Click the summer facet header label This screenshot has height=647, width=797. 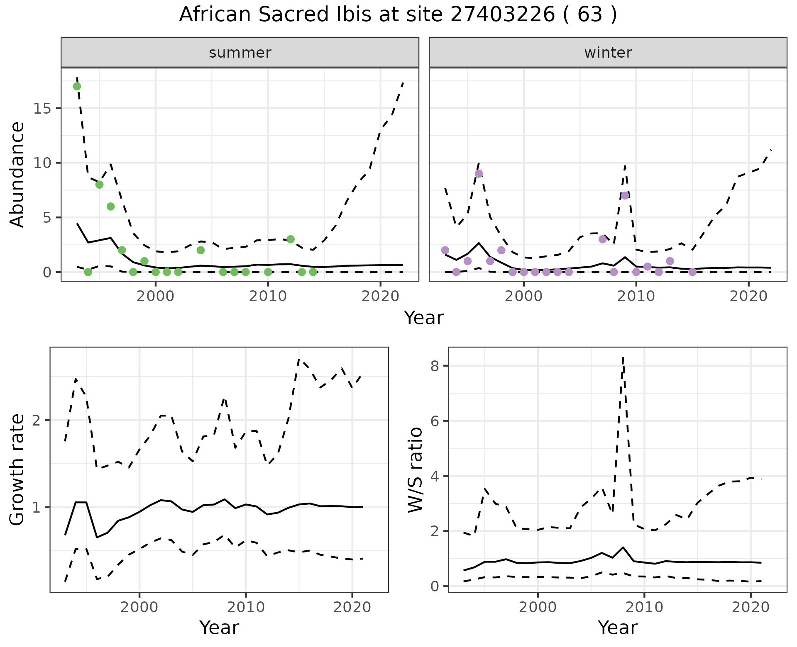coord(240,53)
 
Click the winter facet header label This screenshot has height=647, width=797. coord(608,53)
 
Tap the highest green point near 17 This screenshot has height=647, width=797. coord(77,86)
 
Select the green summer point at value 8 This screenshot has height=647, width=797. coord(99,185)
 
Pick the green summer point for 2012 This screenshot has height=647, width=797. coord(291,239)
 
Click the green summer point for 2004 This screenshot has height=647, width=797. coord(200,250)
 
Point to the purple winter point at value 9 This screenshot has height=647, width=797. coord(479,174)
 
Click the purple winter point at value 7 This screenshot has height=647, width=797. coord(625,195)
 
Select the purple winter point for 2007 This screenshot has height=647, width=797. coord(603,239)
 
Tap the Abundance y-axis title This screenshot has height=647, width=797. coord(17,174)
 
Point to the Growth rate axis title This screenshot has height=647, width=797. coord(17,470)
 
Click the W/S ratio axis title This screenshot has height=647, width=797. coord(416,470)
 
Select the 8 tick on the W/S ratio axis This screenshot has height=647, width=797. coord(436,366)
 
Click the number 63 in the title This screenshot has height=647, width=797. coord(590,15)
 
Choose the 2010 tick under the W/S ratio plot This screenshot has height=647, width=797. coord(644,607)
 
